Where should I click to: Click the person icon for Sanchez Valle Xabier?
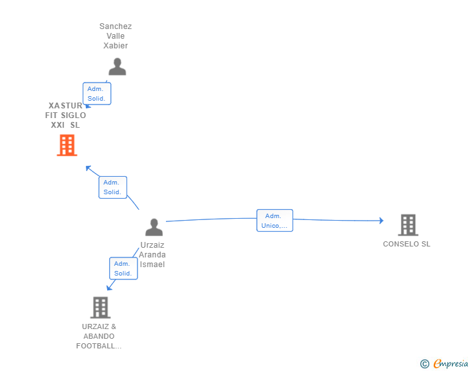[x=117, y=67]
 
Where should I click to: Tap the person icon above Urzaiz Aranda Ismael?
[x=154, y=227]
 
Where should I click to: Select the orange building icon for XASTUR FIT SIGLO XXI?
[x=66, y=145]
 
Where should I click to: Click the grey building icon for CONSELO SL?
[x=407, y=225]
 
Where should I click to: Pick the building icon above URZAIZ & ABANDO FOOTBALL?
[x=100, y=307]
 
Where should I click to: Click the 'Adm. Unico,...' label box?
[x=274, y=221]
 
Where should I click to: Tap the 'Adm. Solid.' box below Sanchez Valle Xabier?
[x=96, y=94]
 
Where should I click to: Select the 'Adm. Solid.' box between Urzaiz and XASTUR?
[x=112, y=187]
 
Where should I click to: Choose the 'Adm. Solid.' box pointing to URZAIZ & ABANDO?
[x=123, y=268]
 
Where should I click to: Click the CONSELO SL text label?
[x=406, y=244]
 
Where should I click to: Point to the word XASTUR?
[x=65, y=105]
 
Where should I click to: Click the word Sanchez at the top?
[x=116, y=26]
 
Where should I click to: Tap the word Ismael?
[x=152, y=264]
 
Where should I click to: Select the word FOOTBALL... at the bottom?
[x=99, y=346]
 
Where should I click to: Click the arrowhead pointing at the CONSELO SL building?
[x=382, y=221]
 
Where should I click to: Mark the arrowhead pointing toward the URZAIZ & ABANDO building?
[x=108, y=288]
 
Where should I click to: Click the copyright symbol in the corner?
[x=424, y=364]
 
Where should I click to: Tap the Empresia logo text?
[x=451, y=364]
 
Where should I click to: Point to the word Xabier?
[x=116, y=46]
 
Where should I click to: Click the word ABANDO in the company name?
[x=99, y=336]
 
